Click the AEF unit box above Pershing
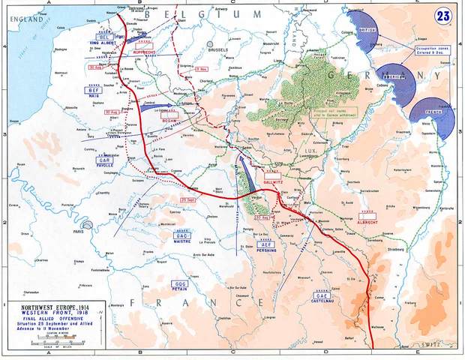click(x=264, y=244)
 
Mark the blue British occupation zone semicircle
click(x=365, y=28)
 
